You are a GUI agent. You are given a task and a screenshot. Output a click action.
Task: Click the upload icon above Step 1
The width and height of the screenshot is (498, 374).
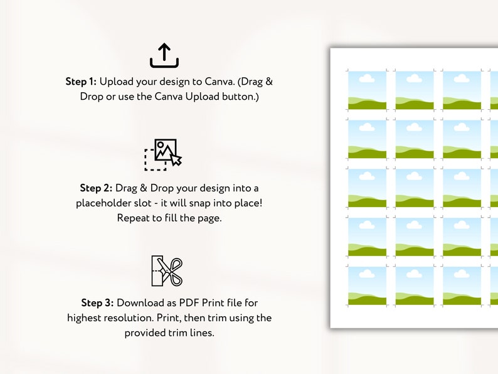click(164, 55)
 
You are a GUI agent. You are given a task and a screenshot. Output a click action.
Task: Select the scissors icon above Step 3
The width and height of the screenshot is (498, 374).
click(166, 271)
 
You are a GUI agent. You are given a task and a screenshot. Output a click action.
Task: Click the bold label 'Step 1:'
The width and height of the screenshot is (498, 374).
click(82, 82)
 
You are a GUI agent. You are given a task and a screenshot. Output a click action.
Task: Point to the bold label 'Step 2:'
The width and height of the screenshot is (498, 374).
click(96, 188)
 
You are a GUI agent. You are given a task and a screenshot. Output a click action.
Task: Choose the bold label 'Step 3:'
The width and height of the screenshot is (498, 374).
click(97, 302)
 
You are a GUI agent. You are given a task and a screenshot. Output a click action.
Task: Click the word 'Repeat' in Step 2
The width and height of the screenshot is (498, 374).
click(133, 218)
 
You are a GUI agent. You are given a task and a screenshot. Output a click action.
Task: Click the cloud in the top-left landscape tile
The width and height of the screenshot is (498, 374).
click(366, 78)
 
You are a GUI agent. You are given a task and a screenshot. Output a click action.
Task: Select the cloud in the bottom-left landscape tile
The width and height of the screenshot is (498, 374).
click(366, 274)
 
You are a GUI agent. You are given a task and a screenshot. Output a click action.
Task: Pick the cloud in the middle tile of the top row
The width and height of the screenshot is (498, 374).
click(414, 78)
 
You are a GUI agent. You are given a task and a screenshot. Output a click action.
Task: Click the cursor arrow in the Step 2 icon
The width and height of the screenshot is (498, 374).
click(176, 160)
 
